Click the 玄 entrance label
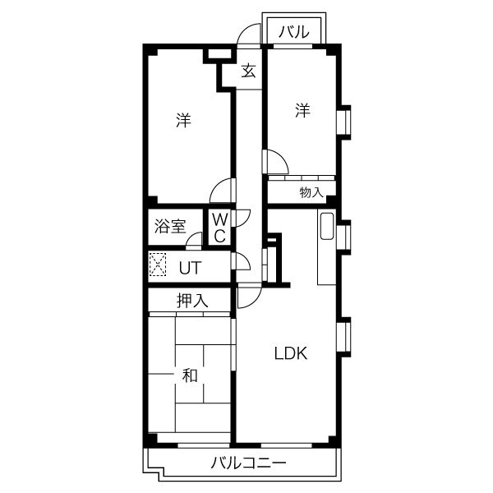pyautogui.click(x=248, y=71)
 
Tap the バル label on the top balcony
pyautogui.click(x=294, y=32)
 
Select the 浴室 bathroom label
pyautogui.click(x=170, y=226)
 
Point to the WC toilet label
pyautogui.click(x=219, y=228)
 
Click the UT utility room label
pyautogui.click(x=190, y=268)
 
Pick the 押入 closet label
pyautogui.click(x=192, y=300)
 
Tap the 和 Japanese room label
pyautogui.click(x=190, y=376)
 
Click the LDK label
pyautogui.click(x=291, y=353)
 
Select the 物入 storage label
pyautogui.click(x=311, y=192)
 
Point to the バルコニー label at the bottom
pyautogui.click(x=248, y=463)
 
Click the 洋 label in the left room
pyautogui.click(x=183, y=120)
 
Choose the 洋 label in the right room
pyautogui.click(x=302, y=110)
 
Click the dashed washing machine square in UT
pyautogui.click(x=158, y=265)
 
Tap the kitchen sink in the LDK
pyautogui.click(x=327, y=227)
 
